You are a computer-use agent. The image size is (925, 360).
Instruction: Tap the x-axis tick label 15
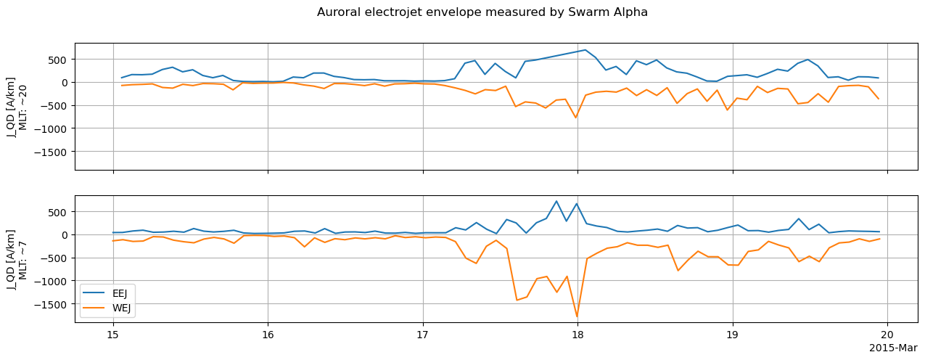112,335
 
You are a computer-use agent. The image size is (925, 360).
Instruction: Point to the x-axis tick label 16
268,335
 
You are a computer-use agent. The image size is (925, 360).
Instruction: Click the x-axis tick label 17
422,335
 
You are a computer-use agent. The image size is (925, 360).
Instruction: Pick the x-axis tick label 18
577,335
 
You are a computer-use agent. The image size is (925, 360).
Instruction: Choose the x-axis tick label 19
733,335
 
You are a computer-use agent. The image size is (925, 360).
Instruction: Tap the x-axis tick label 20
888,335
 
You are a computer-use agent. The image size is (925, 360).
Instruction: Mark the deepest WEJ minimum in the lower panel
577,316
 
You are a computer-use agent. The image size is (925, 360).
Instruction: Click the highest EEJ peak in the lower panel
556,201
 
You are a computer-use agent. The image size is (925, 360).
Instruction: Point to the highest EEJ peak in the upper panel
585,50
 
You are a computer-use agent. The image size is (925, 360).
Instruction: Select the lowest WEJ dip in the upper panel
576,118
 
